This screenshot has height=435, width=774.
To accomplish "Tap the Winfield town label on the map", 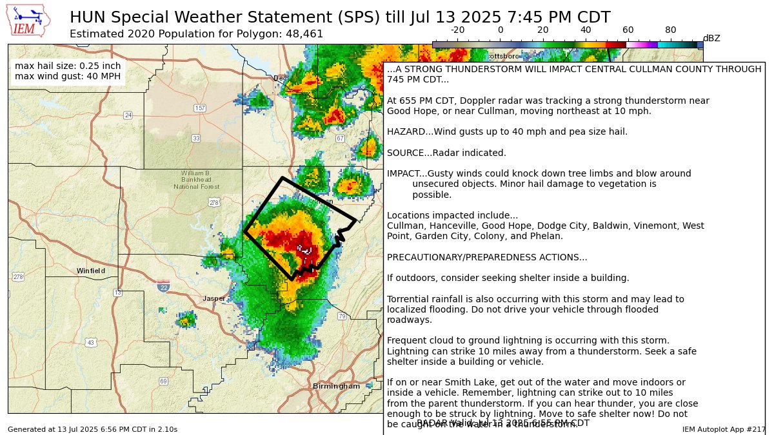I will [x=91, y=271].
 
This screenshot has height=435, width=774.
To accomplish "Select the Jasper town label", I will [x=214, y=298].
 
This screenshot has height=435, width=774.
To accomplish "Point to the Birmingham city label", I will [x=336, y=386].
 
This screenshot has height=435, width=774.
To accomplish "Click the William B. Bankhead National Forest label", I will [x=196, y=180].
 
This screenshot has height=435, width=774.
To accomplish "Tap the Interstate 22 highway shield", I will [x=163, y=286].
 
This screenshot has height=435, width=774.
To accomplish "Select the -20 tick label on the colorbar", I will [x=457, y=30].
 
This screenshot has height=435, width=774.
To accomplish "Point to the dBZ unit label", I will [x=711, y=38].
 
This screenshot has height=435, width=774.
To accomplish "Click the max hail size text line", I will [x=68, y=66].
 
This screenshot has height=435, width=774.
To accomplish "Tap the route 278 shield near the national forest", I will [x=214, y=202].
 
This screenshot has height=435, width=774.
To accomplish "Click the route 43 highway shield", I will [x=92, y=342].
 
